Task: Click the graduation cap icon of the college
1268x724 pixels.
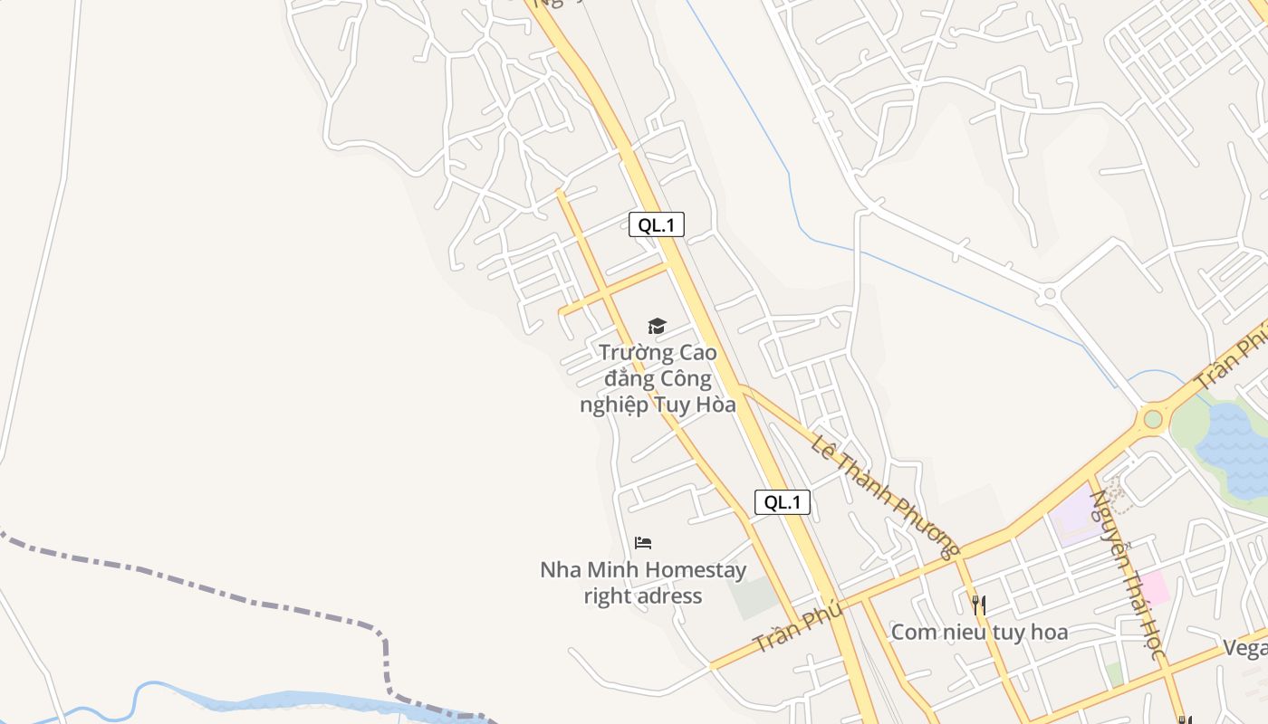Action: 657,326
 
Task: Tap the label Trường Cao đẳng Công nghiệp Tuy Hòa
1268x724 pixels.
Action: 658,378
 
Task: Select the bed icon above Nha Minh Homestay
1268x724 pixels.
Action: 643,543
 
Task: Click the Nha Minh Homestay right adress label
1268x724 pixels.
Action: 643,583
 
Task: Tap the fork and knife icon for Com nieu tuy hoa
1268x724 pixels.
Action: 978,604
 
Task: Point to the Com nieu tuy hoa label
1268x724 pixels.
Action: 979,632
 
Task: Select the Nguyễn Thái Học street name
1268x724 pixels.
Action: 1126,574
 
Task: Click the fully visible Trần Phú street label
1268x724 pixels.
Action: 798,627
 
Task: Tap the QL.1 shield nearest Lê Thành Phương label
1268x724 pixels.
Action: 782,502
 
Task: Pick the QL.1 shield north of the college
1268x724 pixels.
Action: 657,224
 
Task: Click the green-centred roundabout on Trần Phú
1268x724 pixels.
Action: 1152,419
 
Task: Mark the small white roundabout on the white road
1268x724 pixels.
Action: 1050,293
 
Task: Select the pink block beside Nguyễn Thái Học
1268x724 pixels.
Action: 1154,587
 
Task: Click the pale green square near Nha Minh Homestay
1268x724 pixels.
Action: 754,597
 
